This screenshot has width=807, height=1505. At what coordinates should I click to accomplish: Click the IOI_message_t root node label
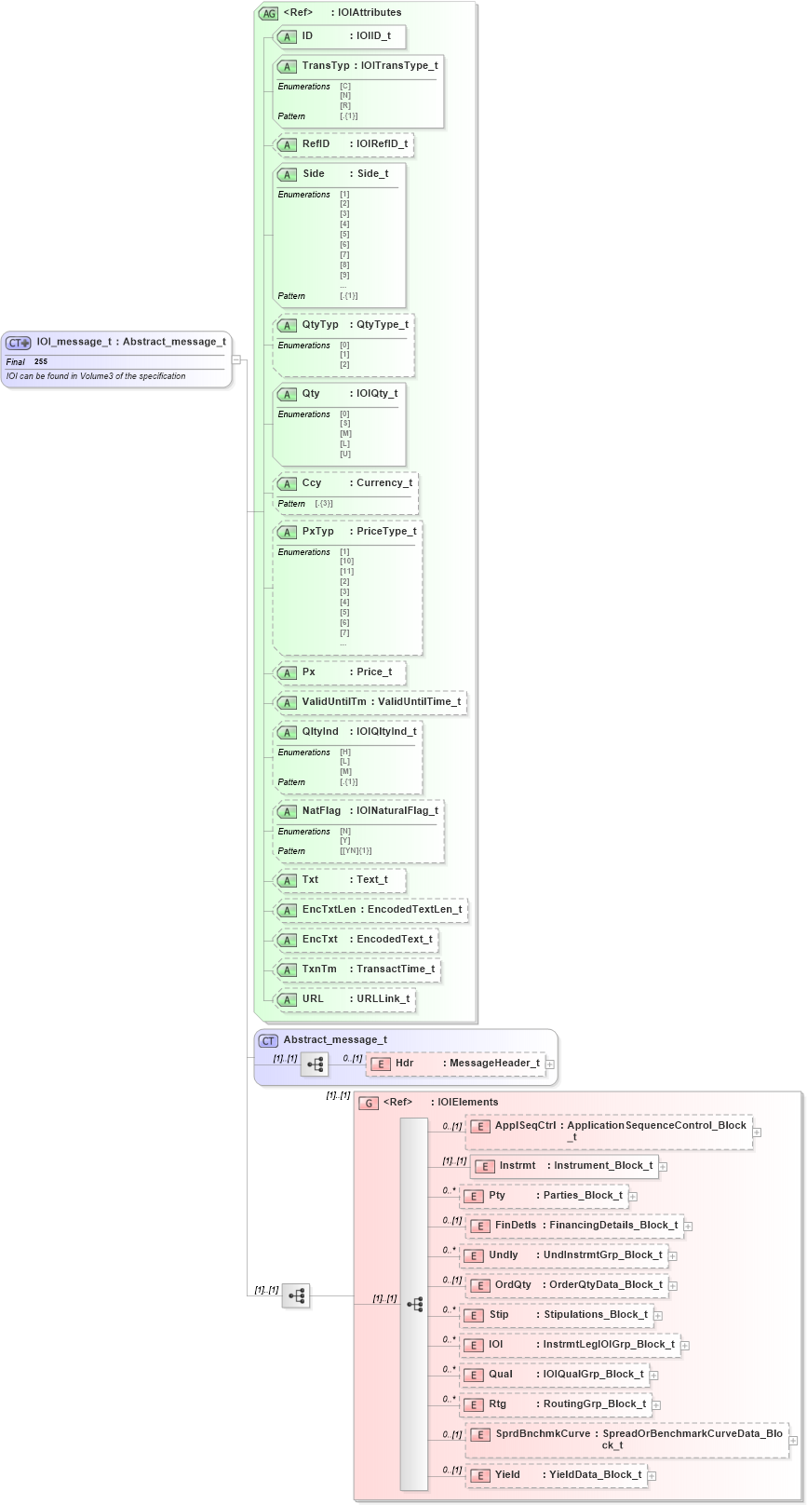click(x=130, y=342)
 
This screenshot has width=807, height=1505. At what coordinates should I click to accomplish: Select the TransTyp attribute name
click(x=325, y=66)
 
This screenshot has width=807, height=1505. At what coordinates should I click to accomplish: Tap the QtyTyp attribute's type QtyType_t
click(x=382, y=325)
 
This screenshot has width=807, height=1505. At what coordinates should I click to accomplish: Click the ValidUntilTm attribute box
click(x=370, y=702)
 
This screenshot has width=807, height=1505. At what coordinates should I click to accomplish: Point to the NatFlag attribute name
click(x=321, y=811)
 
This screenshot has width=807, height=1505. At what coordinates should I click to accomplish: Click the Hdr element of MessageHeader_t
click(x=404, y=1064)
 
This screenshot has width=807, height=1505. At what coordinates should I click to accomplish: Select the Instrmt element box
click(x=563, y=1166)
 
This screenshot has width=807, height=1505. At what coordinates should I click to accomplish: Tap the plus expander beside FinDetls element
click(x=688, y=1227)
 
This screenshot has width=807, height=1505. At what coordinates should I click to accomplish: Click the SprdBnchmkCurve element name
click(x=543, y=1434)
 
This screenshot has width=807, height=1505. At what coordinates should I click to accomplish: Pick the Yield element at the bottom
click(x=507, y=1475)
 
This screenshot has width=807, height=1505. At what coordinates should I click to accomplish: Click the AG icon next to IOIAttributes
click(x=268, y=13)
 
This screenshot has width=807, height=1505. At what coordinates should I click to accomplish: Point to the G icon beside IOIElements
click(x=369, y=1103)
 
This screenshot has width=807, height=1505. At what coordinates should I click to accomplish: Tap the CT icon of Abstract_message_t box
click(x=268, y=1040)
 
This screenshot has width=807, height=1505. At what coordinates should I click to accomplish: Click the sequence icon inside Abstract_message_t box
click(x=315, y=1064)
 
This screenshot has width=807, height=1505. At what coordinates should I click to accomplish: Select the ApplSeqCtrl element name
click(x=525, y=1126)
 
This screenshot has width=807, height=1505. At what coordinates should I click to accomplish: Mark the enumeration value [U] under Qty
click(x=344, y=454)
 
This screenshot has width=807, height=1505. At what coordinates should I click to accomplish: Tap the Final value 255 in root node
click(x=41, y=361)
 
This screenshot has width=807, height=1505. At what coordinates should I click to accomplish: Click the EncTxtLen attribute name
click(x=329, y=910)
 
